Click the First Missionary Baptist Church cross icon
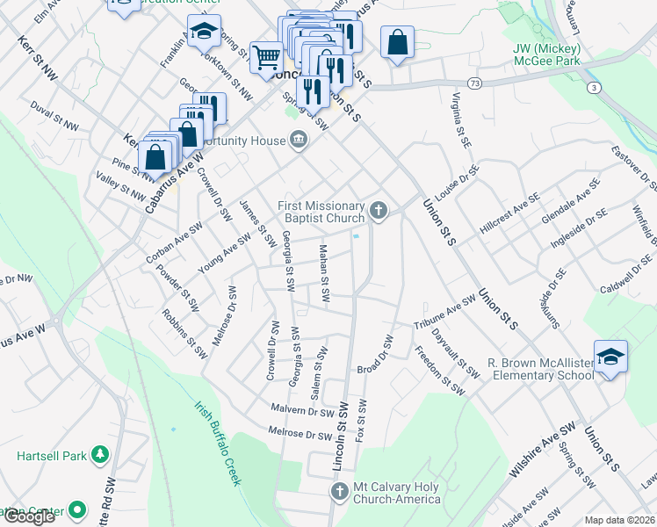[x=379, y=209]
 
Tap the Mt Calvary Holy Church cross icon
[x=340, y=492]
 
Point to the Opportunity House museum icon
[x=299, y=141]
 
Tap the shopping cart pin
[x=265, y=57]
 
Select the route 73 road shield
[x=474, y=83]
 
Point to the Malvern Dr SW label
[x=303, y=410]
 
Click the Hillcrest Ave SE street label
[x=509, y=214]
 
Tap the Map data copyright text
[x=619, y=520]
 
